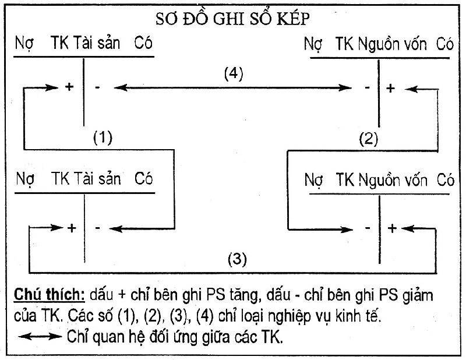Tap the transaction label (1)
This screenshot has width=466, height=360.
coord(103,138)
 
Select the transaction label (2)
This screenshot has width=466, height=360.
coord(369,139)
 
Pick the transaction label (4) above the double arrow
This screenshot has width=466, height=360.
coord(234,74)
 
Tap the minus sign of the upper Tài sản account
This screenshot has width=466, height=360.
coord(98,88)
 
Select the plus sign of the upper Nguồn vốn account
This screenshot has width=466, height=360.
coord(390,88)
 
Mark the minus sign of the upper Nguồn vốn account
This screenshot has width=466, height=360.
coord(366,88)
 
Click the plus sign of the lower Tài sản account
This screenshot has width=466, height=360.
coord(72,228)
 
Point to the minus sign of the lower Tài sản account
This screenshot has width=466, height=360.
coord(97,228)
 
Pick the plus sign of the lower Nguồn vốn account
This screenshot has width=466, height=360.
coord(392,228)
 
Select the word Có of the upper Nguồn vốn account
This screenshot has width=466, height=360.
coord(444,45)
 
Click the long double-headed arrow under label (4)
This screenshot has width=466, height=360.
coord(233,88)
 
